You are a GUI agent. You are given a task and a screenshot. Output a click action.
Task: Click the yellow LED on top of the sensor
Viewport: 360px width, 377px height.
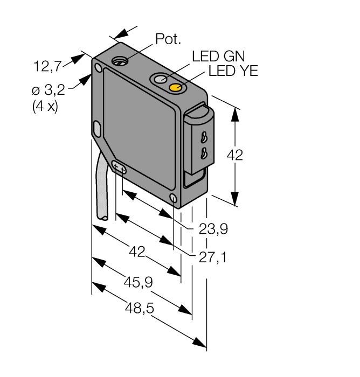tap(176, 87)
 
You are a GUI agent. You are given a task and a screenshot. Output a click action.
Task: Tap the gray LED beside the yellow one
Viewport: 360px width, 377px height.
tap(161, 79)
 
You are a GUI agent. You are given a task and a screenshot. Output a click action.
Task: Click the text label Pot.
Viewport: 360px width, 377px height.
tap(168, 39)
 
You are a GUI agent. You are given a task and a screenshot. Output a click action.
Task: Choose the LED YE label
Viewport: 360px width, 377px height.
tap(233, 71)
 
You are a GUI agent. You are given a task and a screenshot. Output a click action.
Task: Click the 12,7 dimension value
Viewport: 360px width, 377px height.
tap(47, 67)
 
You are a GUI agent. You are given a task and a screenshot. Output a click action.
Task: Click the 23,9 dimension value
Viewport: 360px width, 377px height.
tap(213, 230)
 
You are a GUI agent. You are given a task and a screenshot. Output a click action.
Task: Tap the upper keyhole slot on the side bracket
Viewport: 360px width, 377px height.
tap(204, 136)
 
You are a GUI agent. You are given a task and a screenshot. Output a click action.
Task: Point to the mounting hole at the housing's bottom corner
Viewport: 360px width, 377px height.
tap(173, 199)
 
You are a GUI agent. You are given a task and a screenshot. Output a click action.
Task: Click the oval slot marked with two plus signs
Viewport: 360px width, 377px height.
tap(119, 169)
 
